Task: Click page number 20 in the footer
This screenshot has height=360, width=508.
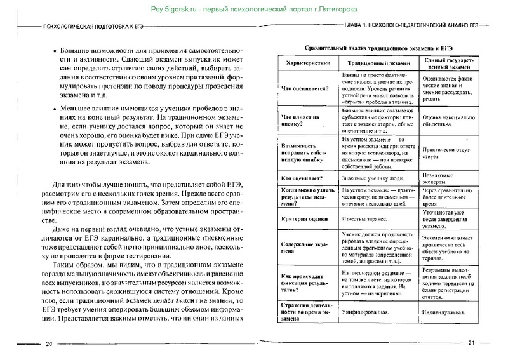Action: (48, 344)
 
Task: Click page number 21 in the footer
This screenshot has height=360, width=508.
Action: (471, 343)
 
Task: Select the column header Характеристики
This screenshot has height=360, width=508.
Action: (305, 64)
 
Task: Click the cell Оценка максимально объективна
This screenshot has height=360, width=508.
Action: (447, 121)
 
